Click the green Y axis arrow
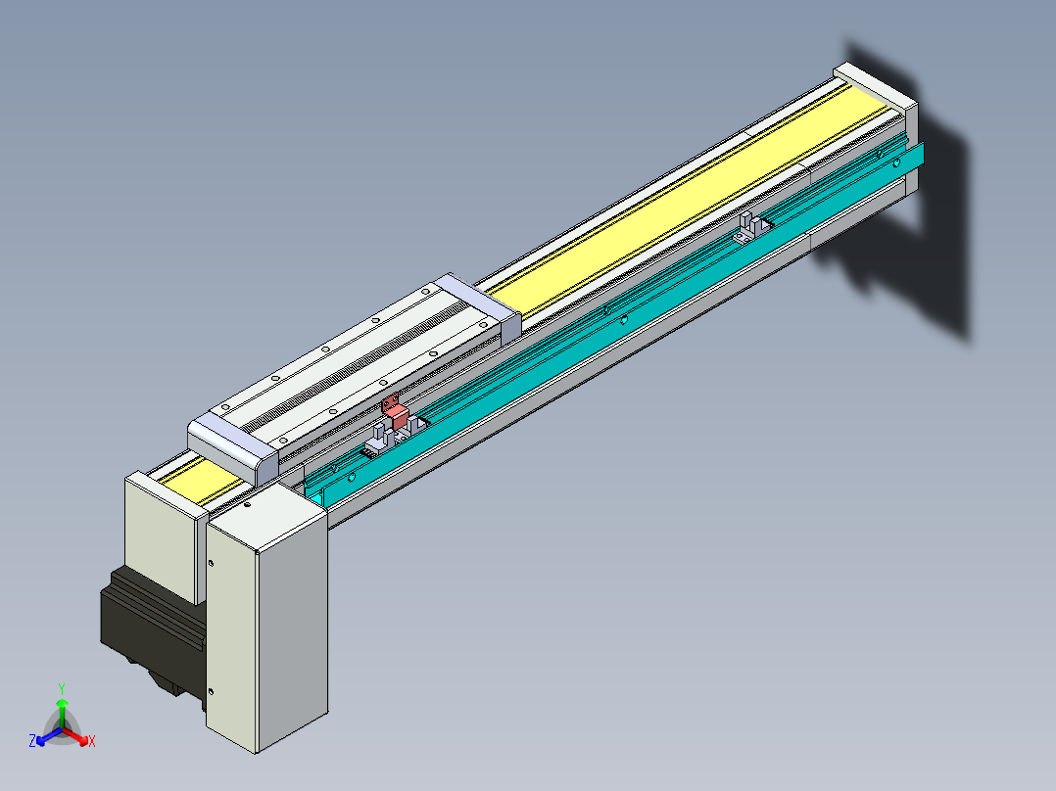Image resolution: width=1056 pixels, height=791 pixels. (x=62, y=707)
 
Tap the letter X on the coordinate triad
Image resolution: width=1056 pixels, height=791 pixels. (x=91, y=741)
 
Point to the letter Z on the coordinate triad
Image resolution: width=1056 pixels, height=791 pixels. (x=32, y=741)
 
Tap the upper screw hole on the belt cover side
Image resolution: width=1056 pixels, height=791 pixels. (x=212, y=563)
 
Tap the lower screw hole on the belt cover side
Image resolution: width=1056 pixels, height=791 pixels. (x=212, y=690)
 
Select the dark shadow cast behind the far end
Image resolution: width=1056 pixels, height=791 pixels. (x=921, y=215)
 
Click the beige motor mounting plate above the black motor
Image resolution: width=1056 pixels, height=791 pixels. (x=162, y=538)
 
